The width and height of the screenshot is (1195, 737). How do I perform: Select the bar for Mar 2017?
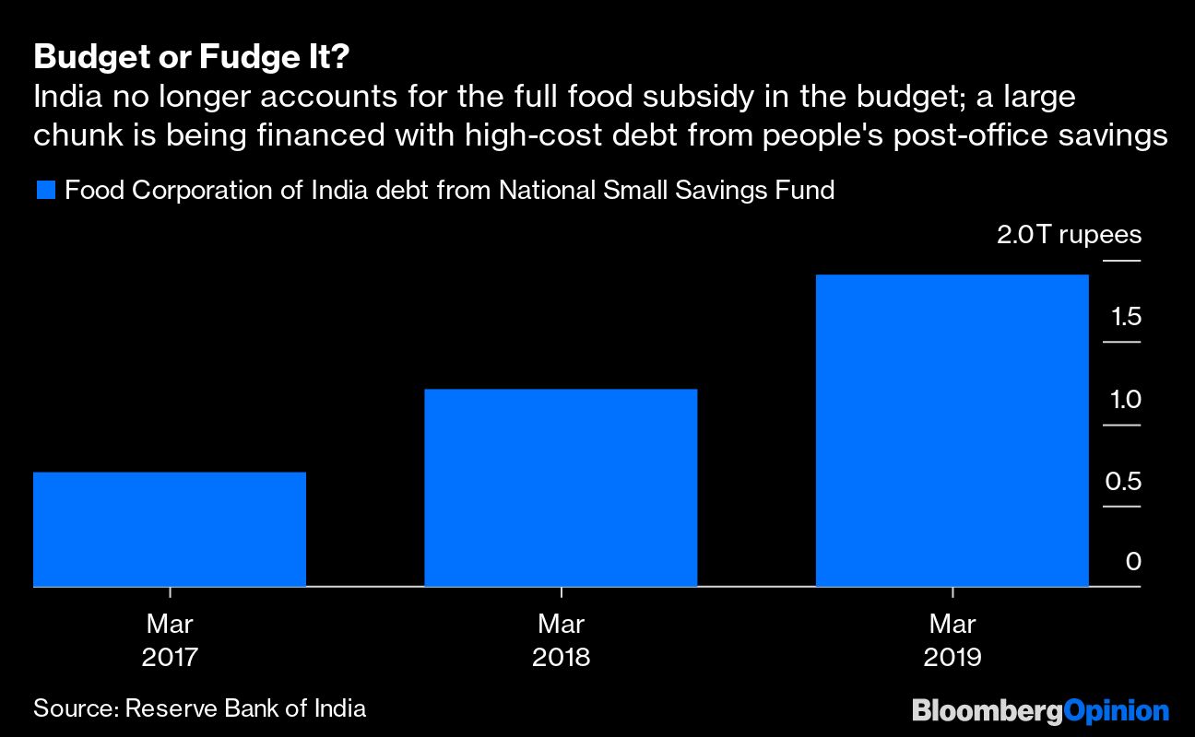coord(169,529)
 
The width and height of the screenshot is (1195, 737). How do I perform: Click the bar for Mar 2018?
coord(561,487)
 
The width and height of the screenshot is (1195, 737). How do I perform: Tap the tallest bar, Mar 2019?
coord(952,430)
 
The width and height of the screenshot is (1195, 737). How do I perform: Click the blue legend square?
coord(46,191)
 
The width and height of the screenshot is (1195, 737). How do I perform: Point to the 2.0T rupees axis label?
coord(1069,235)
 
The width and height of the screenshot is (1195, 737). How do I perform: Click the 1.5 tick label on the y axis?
coord(1126,318)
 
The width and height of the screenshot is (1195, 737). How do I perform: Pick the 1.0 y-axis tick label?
coord(1126,400)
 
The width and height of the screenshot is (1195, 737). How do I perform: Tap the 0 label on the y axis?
coord(1133,562)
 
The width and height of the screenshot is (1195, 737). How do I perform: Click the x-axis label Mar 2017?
coord(169,640)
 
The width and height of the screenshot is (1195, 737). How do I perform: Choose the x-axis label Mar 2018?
coord(561,640)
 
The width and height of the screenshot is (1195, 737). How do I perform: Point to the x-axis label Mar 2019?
coord(952,640)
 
